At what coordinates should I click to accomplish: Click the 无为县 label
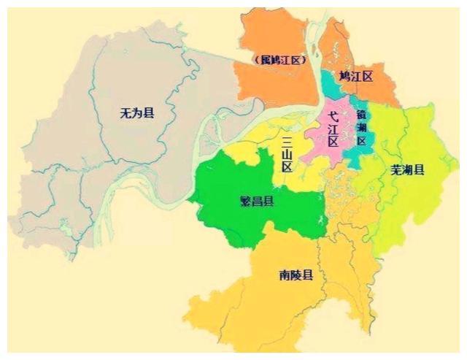click(x=137, y=113)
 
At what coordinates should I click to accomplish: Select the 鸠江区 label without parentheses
click(x=356, y=76)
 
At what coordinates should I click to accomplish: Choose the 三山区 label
click(x=287, y=154)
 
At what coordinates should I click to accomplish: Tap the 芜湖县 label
click(x=407, y=170)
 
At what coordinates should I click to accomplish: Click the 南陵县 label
click(x=296, y=275)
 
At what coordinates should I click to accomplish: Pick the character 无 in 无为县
click(x=126, y=113)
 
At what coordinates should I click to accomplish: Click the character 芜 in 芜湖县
click(x=396, y=170)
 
